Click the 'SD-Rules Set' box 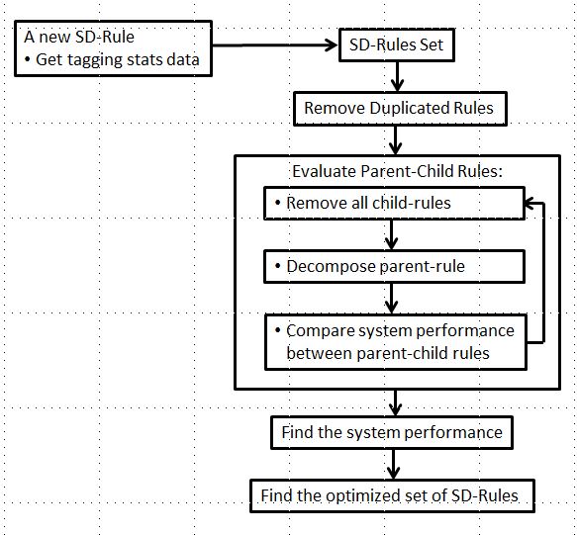pyautogui.click(x=396, y=45)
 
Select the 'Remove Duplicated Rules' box pyautogui.click(x=400, y=109)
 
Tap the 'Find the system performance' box pyautogui.click(x=392, y=432)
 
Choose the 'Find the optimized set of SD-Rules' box pyautogui.click(x=392, y=495)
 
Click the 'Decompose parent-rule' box pyautogui.click(x=395, y=267)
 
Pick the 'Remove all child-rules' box pyautogui.click(x=395, y=204)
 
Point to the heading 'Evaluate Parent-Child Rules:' pyautogui.click(x=398, y=171)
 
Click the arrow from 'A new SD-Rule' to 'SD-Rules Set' pyautogui.click(x=275, y=45)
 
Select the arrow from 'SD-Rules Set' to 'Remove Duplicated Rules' pyautogui.click(x=397, y=76)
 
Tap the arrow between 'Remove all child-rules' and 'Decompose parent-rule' pyautogui.click(x=391, y=235)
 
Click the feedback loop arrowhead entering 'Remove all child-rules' pyautogui.click(x=529, y=203)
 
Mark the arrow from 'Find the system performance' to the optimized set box pyautogui.click(x=393, y=465)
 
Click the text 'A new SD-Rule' pyautogui.click(x=79, y=37)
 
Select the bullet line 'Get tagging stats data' pyautogui.click(x=112, y=60)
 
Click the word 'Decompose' pyautogui.click(x=331, y=267)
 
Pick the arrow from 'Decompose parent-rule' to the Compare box pyautogui.click(x=391, y=299)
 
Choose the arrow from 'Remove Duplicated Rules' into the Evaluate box pyautogui.click(x=395, y=140)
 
